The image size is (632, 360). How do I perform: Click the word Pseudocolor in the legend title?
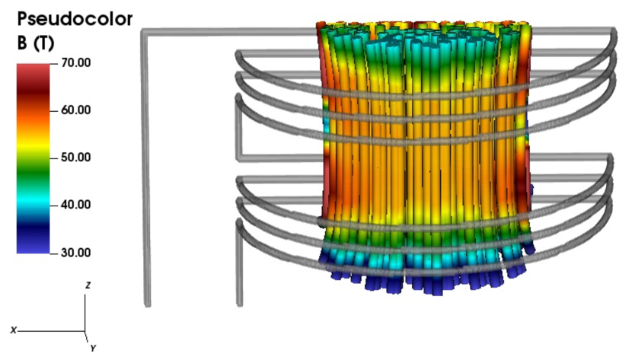click(75, 19)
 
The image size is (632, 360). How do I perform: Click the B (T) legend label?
click(36, 43)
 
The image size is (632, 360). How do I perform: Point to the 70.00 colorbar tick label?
click(76, 63)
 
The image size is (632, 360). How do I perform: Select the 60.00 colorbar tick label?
click(76, 110)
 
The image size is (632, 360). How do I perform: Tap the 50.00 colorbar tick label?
click(76, 158)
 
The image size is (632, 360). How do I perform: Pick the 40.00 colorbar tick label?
click(76, 205)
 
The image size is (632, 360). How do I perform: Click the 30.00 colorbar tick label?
click(76, 253)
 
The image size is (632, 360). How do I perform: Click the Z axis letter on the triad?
click(88, 285)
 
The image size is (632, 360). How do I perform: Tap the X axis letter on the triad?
click(14, 330)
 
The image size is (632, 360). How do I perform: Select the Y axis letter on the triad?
click(93, 349)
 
